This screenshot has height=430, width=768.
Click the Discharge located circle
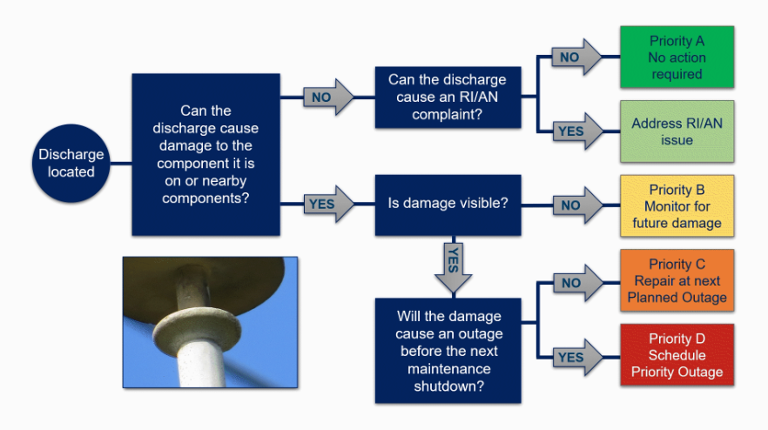point(71,163)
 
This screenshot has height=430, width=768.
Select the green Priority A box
point(677,57)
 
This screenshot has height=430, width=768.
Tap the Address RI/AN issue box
point(677,131)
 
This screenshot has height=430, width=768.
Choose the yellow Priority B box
point(677,206)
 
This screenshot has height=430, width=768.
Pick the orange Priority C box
point(677,280)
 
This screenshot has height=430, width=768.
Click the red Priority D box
point(677,355)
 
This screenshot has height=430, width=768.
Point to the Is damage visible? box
point(448,205)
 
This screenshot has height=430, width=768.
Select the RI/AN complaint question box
point(448,97)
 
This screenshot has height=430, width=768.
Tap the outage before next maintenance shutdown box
point(448,351)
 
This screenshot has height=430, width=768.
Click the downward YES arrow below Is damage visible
point(454,268)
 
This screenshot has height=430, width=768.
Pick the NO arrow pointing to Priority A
point(576,57)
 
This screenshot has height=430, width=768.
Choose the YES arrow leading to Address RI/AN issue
point(578,131)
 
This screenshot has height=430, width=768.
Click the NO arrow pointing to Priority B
point(578,205)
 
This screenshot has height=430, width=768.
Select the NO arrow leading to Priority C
point(578,283)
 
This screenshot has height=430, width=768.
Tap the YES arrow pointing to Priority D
point(578,358)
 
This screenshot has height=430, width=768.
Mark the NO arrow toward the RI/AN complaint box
point(328,97)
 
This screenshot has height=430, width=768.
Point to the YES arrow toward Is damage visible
point(328,204)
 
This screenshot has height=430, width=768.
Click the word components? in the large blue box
point(205,198)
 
